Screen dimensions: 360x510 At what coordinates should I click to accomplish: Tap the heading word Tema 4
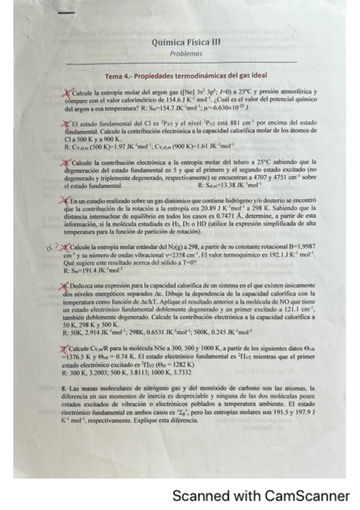pos(118,76)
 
